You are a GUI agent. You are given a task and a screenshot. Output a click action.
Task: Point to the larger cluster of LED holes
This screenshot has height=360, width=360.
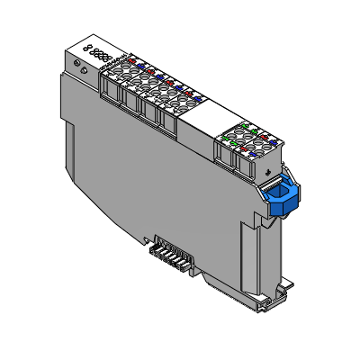tap(102, 56)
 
